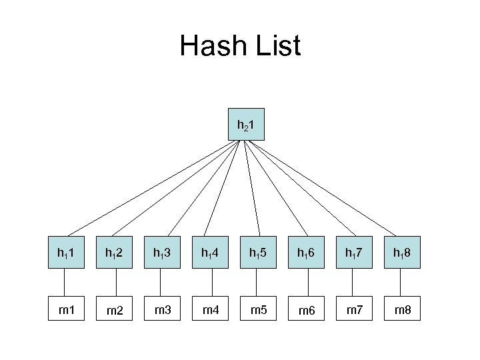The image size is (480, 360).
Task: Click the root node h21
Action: coord(246,123)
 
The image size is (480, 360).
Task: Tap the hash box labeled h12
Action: coord(113,253)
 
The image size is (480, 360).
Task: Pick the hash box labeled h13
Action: coord(161,253)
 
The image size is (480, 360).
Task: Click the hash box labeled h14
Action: coord(210,253)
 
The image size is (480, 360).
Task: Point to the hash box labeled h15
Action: coord(259,253)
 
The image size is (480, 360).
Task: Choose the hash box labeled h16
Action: coord(307,253)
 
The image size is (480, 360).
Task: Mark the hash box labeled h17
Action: coord(355,253)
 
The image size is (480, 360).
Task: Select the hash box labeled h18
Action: coord(403,253)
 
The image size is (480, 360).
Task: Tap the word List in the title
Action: coord(275,46)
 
